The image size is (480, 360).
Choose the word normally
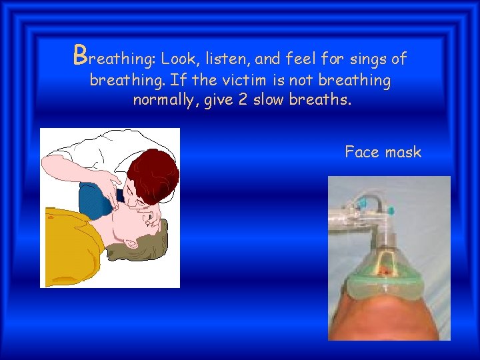(163, 101)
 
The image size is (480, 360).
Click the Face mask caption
(383, 152)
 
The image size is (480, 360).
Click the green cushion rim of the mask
(387, 287)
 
